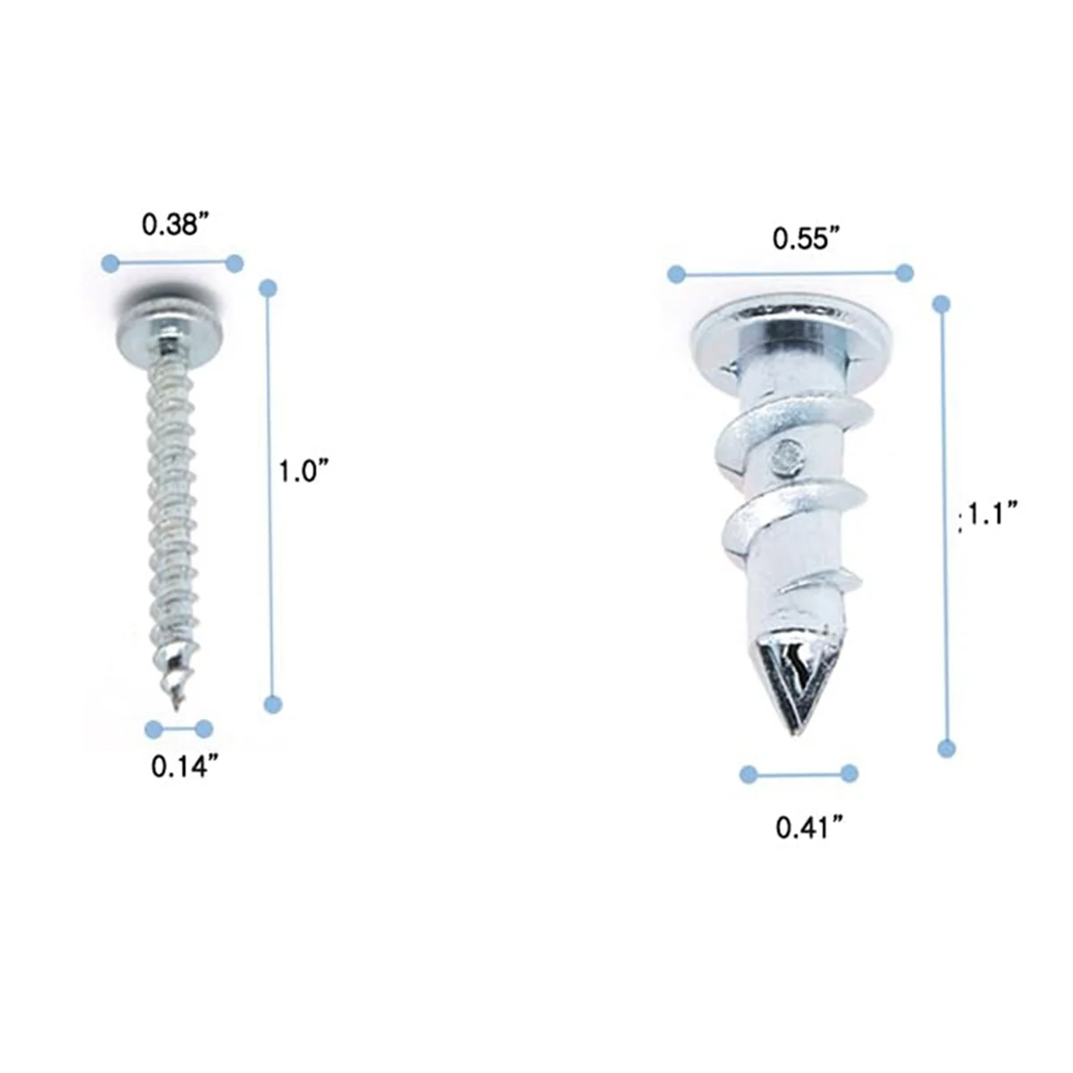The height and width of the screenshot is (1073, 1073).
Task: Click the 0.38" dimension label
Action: (175, 224)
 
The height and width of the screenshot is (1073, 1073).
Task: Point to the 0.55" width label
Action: (807, 239)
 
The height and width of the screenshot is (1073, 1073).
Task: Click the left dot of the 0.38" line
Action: (109, 263)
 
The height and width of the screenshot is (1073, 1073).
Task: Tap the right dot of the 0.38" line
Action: (234, 263)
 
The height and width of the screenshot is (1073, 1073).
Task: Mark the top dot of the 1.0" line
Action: (267, 288)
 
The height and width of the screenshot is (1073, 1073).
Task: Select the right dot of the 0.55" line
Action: (904, 273)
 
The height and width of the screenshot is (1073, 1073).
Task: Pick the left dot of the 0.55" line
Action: (676, 274)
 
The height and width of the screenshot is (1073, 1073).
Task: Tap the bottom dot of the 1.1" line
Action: (946, 748)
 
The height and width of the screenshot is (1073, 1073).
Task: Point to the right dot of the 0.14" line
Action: (205, 728)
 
